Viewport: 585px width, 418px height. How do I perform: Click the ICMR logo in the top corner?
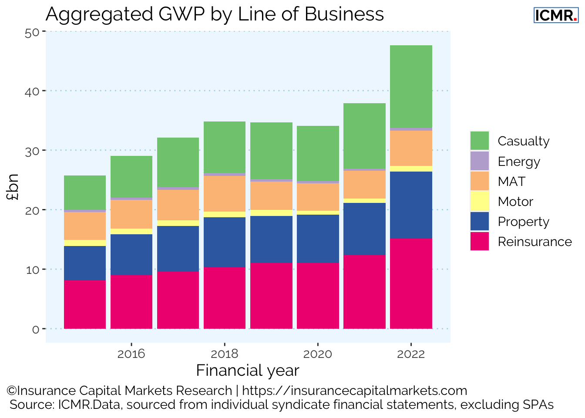tap(556, 15)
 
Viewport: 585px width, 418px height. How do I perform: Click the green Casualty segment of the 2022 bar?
tap(411, 86)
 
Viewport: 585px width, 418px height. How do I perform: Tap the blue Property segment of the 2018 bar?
tap(225, 242)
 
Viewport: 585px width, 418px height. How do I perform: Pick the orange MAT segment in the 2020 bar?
tap(318, 197)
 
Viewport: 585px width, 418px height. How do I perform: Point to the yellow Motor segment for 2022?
tap(411, 169)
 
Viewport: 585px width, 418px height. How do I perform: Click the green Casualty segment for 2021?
tap(364, 136)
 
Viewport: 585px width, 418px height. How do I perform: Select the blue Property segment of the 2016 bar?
tap(131, 254)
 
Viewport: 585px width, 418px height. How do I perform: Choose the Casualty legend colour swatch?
tap(480, 141)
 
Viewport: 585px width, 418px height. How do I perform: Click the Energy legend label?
tap(519, 162)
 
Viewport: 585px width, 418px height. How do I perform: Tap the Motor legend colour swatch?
tap(480, 202)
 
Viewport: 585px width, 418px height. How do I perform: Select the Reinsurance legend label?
tap(535, 242)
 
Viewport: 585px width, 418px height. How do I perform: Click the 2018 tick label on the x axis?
tap(225, 354)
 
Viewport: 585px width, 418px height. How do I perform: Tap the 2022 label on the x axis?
tap(411, 354)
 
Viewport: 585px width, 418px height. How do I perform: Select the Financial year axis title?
tap(248, 371)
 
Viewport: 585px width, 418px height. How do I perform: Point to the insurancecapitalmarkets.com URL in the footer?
tap(354, 391)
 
